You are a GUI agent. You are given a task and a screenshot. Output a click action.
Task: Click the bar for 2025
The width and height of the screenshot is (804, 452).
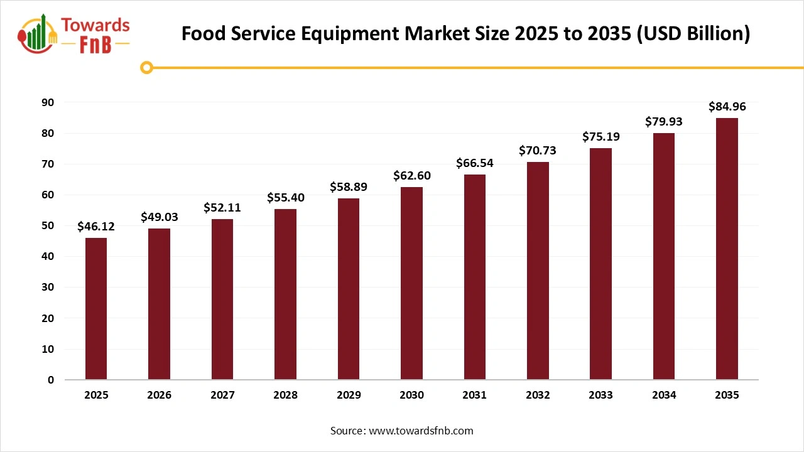[x=96, y=309]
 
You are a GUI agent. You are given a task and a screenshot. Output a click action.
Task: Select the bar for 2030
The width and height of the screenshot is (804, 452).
[x=411, y=283]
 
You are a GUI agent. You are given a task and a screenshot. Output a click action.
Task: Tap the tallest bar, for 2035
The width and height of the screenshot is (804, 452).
[x=727, y=249]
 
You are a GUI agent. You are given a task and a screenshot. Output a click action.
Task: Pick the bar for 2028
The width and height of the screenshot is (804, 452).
[x=285, y=294]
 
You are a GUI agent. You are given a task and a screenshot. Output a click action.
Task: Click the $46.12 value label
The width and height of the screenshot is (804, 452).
[x=96, y=227]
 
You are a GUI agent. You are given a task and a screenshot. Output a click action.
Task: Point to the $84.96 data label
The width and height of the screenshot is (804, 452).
[x=727, y=107]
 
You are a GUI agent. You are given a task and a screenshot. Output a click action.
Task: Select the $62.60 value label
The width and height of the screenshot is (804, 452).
[x=411, y=176]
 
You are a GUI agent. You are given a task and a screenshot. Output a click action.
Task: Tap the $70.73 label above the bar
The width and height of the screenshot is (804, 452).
[x=538, y=151]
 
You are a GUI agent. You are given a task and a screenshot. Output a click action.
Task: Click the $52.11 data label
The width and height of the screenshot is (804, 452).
[x=222, y=208]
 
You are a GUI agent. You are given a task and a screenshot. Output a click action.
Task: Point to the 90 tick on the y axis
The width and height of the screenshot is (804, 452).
[x=48, y=102]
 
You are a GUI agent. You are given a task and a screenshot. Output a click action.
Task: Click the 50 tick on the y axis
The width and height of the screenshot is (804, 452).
[x=48, y=225]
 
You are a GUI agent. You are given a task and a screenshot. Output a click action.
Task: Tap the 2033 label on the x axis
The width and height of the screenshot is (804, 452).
[x=600, y=395]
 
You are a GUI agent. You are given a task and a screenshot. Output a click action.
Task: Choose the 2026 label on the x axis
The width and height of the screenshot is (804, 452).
[x=159, y=395]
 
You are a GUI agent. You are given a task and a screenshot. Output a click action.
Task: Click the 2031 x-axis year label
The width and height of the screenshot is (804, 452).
[x=474, y=395]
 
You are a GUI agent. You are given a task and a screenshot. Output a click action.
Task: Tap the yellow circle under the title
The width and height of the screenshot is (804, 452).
[x=146, y=67]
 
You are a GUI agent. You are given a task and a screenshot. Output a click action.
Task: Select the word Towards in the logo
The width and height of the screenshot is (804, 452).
[x=95, y=25]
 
